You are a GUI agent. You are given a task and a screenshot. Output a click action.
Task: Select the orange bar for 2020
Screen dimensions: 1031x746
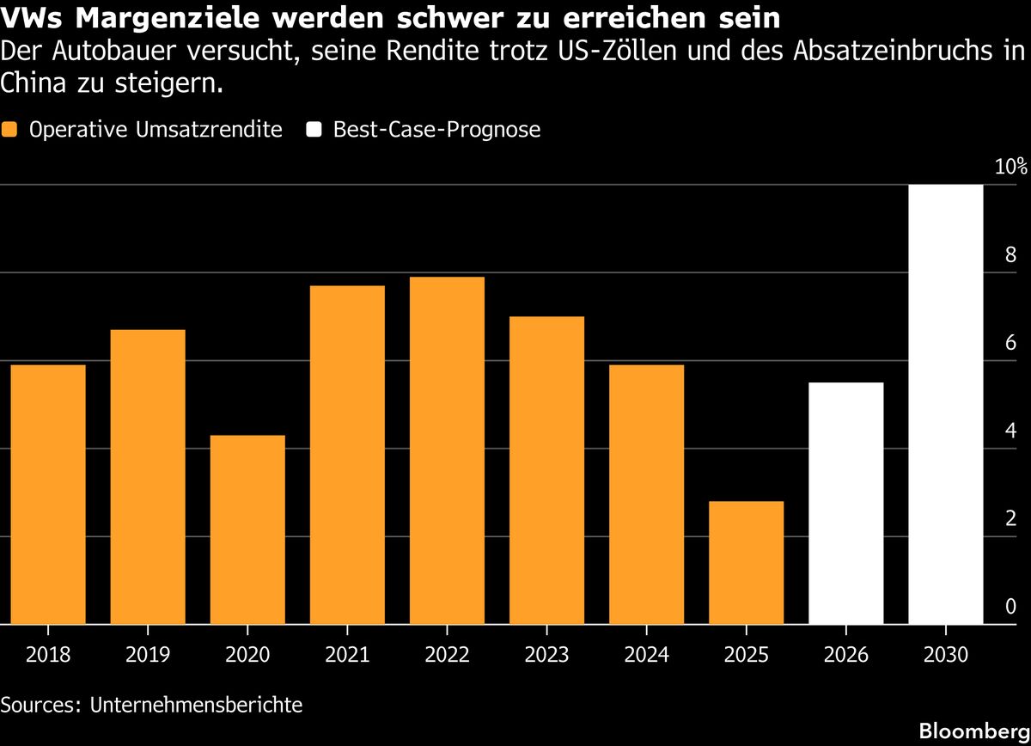click(247, 529)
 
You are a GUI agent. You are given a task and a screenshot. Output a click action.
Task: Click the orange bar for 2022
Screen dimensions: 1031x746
click(447, 450)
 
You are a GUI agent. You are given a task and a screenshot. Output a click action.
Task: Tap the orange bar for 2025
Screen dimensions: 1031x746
click(746, 563)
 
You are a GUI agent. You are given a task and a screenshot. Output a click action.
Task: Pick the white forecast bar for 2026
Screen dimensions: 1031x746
click(846, 504)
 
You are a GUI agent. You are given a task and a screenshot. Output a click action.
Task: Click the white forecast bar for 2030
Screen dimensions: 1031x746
click(946, 404)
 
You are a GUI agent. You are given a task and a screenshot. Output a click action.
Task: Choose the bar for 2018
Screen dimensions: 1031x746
click(48, 494)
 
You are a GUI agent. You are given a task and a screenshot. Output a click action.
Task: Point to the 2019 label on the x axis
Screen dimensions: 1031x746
click(148, 655)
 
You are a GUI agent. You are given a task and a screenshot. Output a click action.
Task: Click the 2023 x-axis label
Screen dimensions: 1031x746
click(546, 655)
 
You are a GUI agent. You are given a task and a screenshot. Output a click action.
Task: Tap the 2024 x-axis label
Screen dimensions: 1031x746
click(647, 655)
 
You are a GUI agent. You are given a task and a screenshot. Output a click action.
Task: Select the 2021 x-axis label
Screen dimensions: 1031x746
click(347, 655)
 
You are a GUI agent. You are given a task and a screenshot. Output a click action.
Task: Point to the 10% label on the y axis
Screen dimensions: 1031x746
click(1010, 166)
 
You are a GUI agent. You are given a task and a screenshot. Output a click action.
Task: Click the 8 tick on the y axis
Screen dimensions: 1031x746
click(1010, 254)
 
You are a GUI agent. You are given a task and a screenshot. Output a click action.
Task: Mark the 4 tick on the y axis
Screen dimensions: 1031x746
click(1010, 431)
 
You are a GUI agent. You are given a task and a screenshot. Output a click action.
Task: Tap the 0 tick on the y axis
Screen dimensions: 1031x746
click(1010, 607)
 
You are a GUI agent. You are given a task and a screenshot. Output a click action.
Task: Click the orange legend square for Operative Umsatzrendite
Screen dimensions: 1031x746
click(9, 130)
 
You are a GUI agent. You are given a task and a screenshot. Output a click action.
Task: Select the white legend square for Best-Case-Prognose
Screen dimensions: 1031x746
click(314, 130)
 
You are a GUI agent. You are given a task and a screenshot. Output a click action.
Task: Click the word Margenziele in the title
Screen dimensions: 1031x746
click(167, 18)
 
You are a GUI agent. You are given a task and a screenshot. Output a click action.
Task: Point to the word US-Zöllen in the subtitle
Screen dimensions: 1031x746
click(618, 51)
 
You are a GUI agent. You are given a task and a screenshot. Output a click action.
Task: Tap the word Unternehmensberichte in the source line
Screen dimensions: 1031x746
click(196, 705)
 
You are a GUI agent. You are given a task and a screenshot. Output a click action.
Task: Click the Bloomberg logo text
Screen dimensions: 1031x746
click(975, 731)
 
